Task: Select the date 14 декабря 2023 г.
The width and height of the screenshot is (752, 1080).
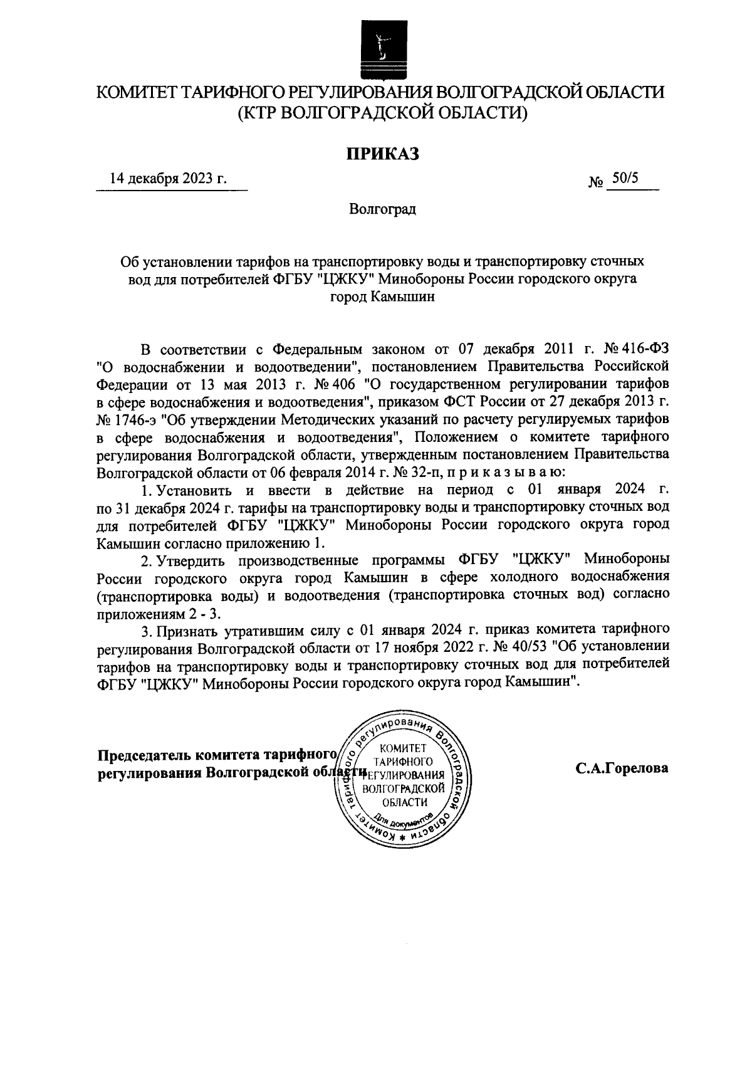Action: pos(168,179)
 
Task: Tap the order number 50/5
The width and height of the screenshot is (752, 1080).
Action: pos(625,179)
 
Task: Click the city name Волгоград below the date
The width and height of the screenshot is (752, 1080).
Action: pos(382,209)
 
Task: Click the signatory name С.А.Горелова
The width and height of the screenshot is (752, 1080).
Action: pos(622,768)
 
